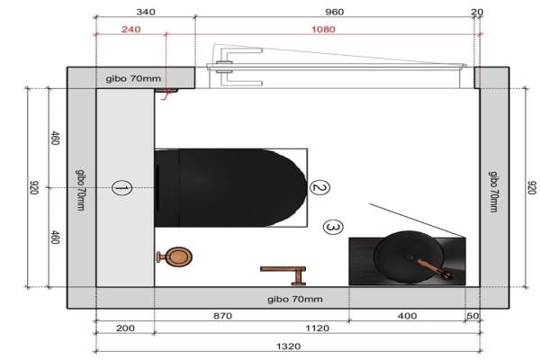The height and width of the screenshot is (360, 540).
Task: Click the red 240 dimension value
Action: [130, 30]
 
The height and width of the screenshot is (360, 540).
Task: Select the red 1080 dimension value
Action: [323, 30]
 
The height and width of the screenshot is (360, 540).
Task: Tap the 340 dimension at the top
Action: [146, 12]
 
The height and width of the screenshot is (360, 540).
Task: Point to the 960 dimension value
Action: [335, 12]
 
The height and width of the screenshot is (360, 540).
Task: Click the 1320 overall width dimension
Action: [289, 346]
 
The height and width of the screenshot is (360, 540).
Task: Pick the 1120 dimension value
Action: [318, 328]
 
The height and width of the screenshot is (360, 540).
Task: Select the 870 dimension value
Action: [222, 316]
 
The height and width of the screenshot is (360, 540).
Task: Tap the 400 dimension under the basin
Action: [408, 316]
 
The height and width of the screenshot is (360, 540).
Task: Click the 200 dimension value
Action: [125, 328]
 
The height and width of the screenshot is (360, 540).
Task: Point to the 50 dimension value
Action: [472, 316]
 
